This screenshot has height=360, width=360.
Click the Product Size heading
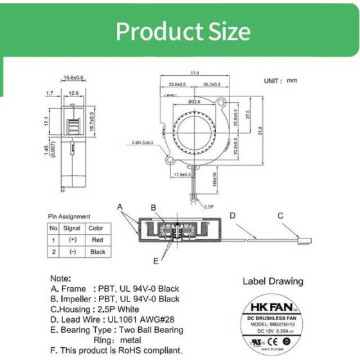click(180, 31)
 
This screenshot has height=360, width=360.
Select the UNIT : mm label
click(281, 81)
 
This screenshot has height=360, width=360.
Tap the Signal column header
click(72, 228)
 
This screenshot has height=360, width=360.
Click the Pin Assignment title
click(69, 217)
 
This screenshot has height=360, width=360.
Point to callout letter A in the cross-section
click(120, 207)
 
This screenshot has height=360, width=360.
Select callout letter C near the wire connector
click(280, 215)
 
